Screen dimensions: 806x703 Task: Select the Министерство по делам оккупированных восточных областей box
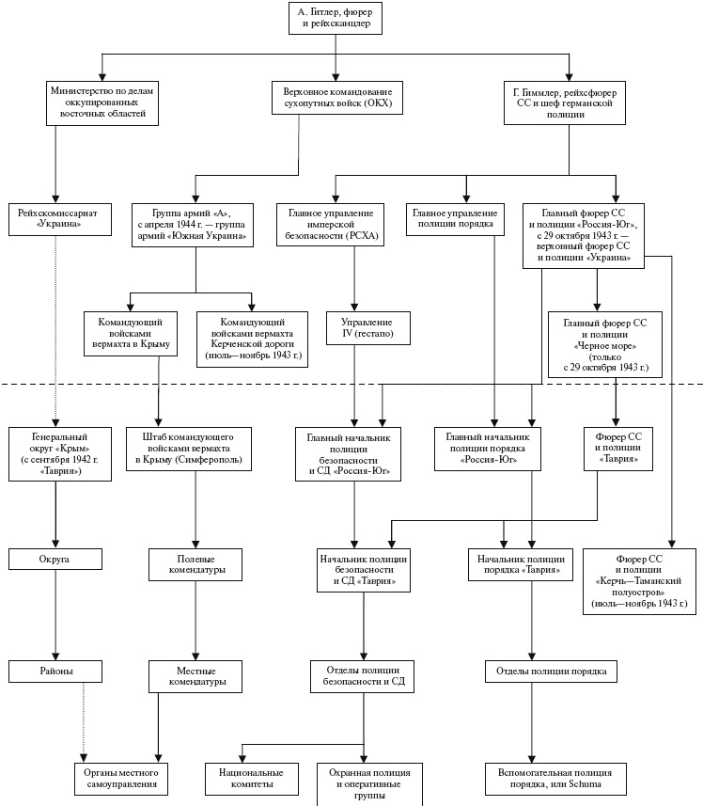pyautogui.click(x=101, y=103)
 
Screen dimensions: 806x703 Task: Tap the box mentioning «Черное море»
pyautogui.click(x=604, y=344)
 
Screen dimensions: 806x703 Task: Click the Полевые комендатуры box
pyautogui.click(x=195, y=564)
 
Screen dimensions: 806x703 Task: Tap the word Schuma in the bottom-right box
pyautogui.click(x=583, y=783)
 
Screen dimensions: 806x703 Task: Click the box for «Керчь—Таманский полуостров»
pyautogui.click(x=640, y=580)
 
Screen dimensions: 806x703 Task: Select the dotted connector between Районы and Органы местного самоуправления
pyautogui.click(x=84, y=719)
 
